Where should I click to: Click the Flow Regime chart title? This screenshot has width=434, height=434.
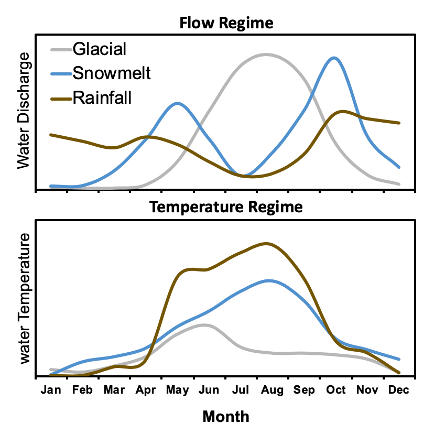(226, 24)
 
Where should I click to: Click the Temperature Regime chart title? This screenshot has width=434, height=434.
(226, 207)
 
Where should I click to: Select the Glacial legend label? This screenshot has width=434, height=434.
(100, 49)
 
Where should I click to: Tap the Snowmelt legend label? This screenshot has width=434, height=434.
(112, 73)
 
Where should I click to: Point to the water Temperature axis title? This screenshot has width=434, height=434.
(23, 298)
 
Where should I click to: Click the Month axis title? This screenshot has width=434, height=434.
(226, 417)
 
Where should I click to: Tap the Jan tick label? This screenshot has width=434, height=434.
(51, 390)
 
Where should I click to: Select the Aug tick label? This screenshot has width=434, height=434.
(273, 390)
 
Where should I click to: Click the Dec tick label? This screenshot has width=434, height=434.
(399, 390)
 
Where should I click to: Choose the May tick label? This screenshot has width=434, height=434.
(177, 390)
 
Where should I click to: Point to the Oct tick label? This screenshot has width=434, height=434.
(336, 390)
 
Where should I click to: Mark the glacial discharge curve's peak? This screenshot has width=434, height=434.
(266, 54)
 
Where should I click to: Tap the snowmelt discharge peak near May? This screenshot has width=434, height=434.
(178, 103)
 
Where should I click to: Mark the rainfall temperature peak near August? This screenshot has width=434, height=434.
(266, 243)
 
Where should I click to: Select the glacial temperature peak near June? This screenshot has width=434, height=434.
(204, 324)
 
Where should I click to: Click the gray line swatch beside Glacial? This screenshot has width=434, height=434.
(61, 50)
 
